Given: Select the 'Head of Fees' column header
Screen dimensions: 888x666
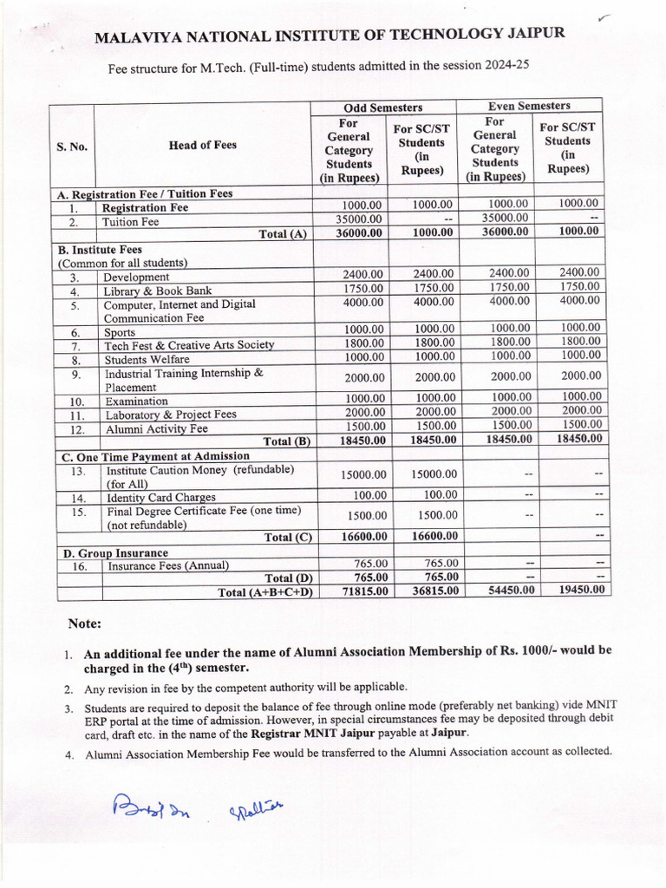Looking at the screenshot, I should tap(202, 146).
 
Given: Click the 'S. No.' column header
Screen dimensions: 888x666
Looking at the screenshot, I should tap(72, 147).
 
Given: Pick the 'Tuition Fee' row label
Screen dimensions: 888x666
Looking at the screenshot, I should tap(131, 222).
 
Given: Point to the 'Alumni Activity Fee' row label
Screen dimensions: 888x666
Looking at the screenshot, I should tap(156, 428).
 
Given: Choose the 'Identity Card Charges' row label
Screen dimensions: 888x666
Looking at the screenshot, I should tap(160, 498).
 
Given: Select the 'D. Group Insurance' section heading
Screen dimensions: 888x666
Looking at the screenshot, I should tap(113, 552).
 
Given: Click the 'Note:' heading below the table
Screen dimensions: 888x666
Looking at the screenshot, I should tap(85, 624).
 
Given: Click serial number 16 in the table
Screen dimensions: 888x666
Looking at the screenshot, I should tap(78, 566).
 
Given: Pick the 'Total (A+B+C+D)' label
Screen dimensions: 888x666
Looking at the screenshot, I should tap(264, 592).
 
